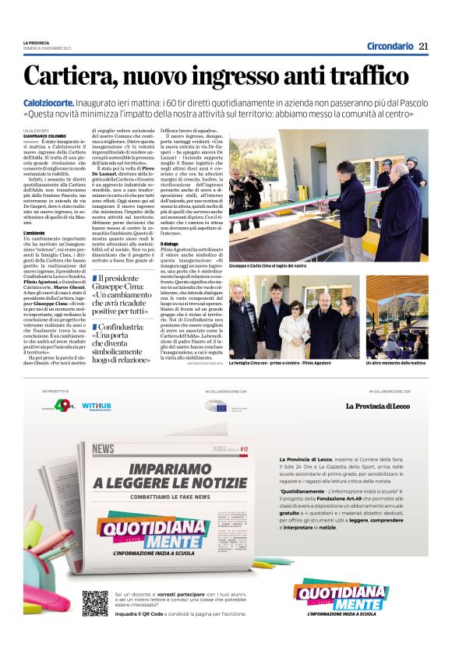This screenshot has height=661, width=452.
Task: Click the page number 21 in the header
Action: click(423, 46)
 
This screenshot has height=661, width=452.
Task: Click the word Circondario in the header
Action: click(390, 46)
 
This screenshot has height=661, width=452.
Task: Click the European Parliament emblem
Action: click(216, 406)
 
